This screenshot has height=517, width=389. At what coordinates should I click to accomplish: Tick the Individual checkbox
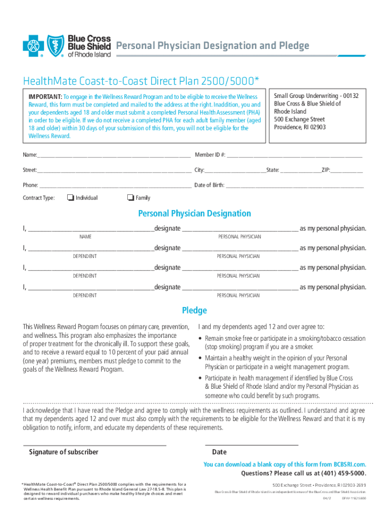(x=70, y=197)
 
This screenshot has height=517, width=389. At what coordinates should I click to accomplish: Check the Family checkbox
(x=130, y=197)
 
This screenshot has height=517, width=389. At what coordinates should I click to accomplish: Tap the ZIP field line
(x=347, y=171)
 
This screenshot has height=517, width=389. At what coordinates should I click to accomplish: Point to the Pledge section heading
(x=194, y=311)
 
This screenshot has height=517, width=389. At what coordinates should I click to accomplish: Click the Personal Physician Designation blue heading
(x=194, y=214)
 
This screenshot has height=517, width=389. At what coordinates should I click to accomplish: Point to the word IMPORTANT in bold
(x=45, y=96)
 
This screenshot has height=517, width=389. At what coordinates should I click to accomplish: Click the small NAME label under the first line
(x=85, y=237)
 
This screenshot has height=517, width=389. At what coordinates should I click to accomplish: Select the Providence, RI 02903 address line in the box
(x=300, y=127)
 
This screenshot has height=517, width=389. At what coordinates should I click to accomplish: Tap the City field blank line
(x=235, y=171)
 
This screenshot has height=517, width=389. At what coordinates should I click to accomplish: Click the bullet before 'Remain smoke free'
(x=201, y=338)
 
